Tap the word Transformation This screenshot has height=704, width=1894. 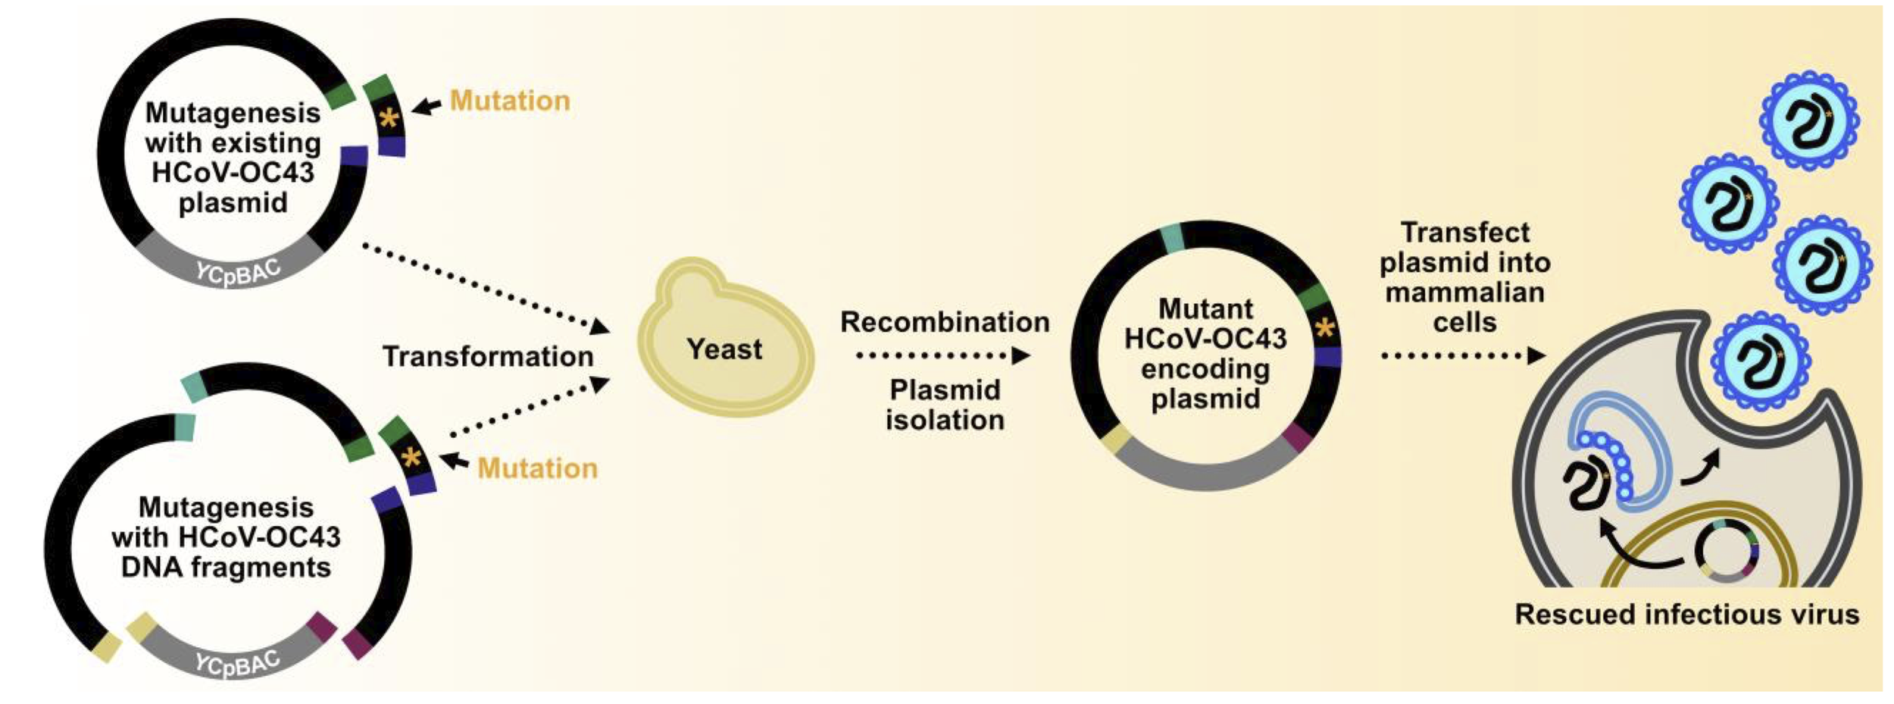(488, 356)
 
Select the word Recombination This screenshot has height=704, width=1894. (945, 322)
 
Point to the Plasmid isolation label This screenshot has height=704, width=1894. (945, 405)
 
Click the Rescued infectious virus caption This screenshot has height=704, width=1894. (1686, 614)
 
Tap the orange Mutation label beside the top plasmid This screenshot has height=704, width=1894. (510, 101)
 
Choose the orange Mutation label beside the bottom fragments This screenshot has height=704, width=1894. (537, 468)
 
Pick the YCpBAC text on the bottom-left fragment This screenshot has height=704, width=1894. (237, 664)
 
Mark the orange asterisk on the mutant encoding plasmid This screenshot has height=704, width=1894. (1325, 329)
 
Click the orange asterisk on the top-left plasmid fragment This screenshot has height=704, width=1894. (389, 119)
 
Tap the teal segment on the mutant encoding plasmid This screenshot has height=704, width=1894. (1172, 237)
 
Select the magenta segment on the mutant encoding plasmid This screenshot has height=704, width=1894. (1297, 438)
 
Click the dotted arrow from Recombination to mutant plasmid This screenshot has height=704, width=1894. (942, 355)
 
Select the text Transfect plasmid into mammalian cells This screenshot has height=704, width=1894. (1464, 277)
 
